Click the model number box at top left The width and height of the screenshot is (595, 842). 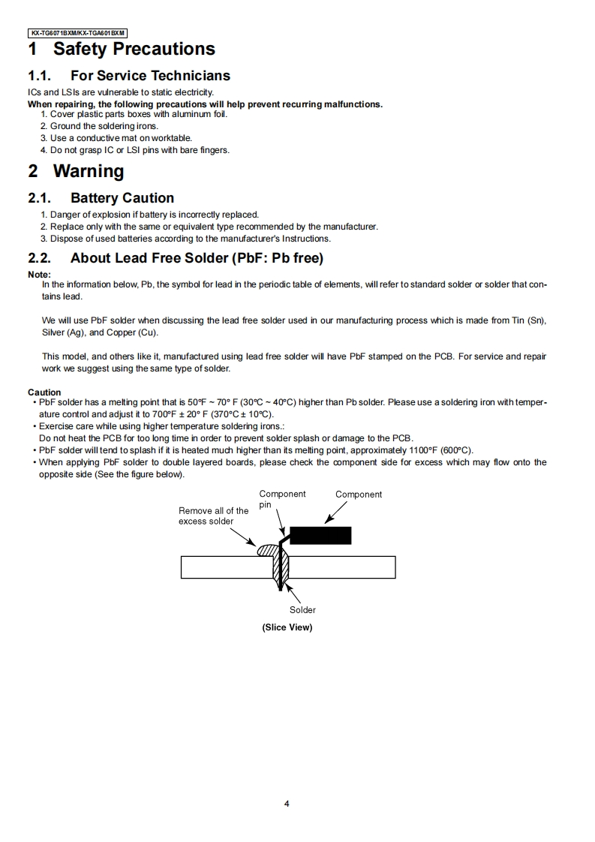pyautogui.click(x=77, y=33)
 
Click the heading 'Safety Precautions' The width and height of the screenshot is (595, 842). pyautogui.click(x=134, y=50)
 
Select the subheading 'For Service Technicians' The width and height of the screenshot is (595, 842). pyautogui.click(x=150, y=76)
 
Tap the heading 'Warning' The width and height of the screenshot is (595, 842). pyautogui.click(x=89, y=171)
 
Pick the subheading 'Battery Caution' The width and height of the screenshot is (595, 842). pyautogui.click(x=122, y=198)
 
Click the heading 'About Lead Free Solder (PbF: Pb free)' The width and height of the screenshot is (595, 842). pyautogui.click(x=197, y=258)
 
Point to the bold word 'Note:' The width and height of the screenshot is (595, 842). pyautogui.click(x=39, y=275)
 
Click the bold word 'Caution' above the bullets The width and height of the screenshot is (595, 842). pyautogui.click(x=44, y=392)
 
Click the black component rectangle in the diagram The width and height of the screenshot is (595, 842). pyautogui.click(x=320, y=536)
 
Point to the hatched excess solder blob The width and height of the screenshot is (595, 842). pyautogui.click(x=267, y=549)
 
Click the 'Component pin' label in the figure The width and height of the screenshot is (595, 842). pyautogui.click(x=281, y=499)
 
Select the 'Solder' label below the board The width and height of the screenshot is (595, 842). pyautogui.click(x=302, y=610)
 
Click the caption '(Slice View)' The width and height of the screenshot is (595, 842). pyautogui.click(x=287, y=627)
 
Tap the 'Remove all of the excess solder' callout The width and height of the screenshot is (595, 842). pyautogui.click(x=213, y=516)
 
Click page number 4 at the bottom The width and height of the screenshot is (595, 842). pyautogui.click(x=287, y=804)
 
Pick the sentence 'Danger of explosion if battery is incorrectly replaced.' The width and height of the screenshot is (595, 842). pyautogui.click(x=155, y=215)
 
